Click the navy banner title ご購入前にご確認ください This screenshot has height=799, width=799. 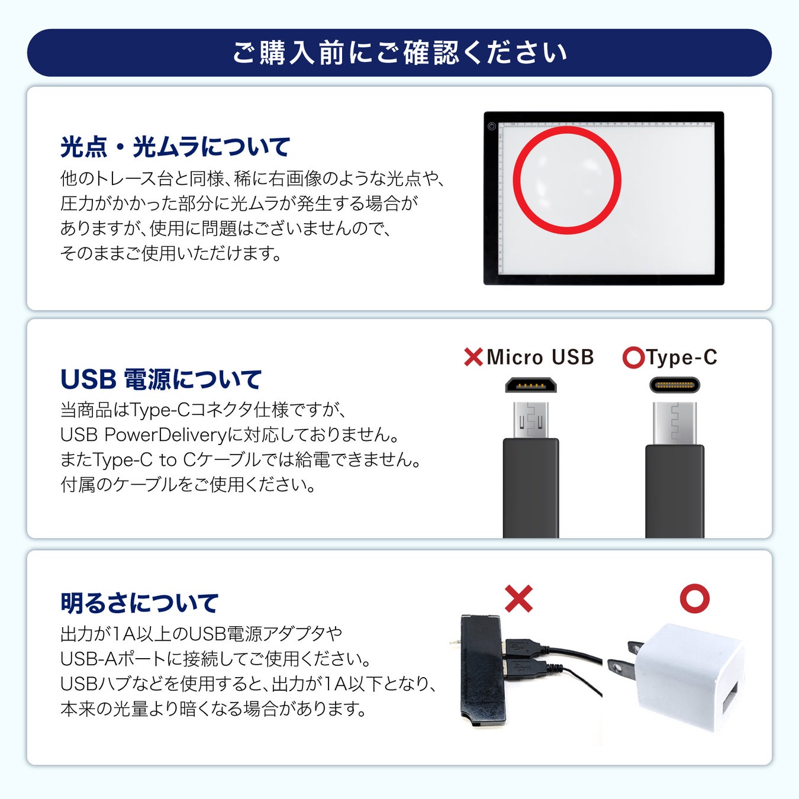click(x=399, y=53)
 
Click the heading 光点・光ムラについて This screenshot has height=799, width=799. click(x=175, y=147)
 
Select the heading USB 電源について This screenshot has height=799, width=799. click(x=161, y=379)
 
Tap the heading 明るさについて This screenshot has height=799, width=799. click(x=139, y=603)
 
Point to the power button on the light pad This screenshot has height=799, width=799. click(x=492, y=127)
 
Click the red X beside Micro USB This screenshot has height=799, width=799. click(x=473, y=357)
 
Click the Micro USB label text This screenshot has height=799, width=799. click(x=540, y=357)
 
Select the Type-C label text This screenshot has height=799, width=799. click(x=682, y=357)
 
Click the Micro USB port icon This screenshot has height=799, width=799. click(x=531, y=385)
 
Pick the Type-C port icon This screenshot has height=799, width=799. click(x=675, y=385)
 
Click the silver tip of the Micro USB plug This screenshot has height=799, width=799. click(x=531, y=420)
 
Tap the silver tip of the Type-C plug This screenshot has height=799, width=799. click(x=675, y=423)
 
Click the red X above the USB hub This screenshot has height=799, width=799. click(x=518, y=599)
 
